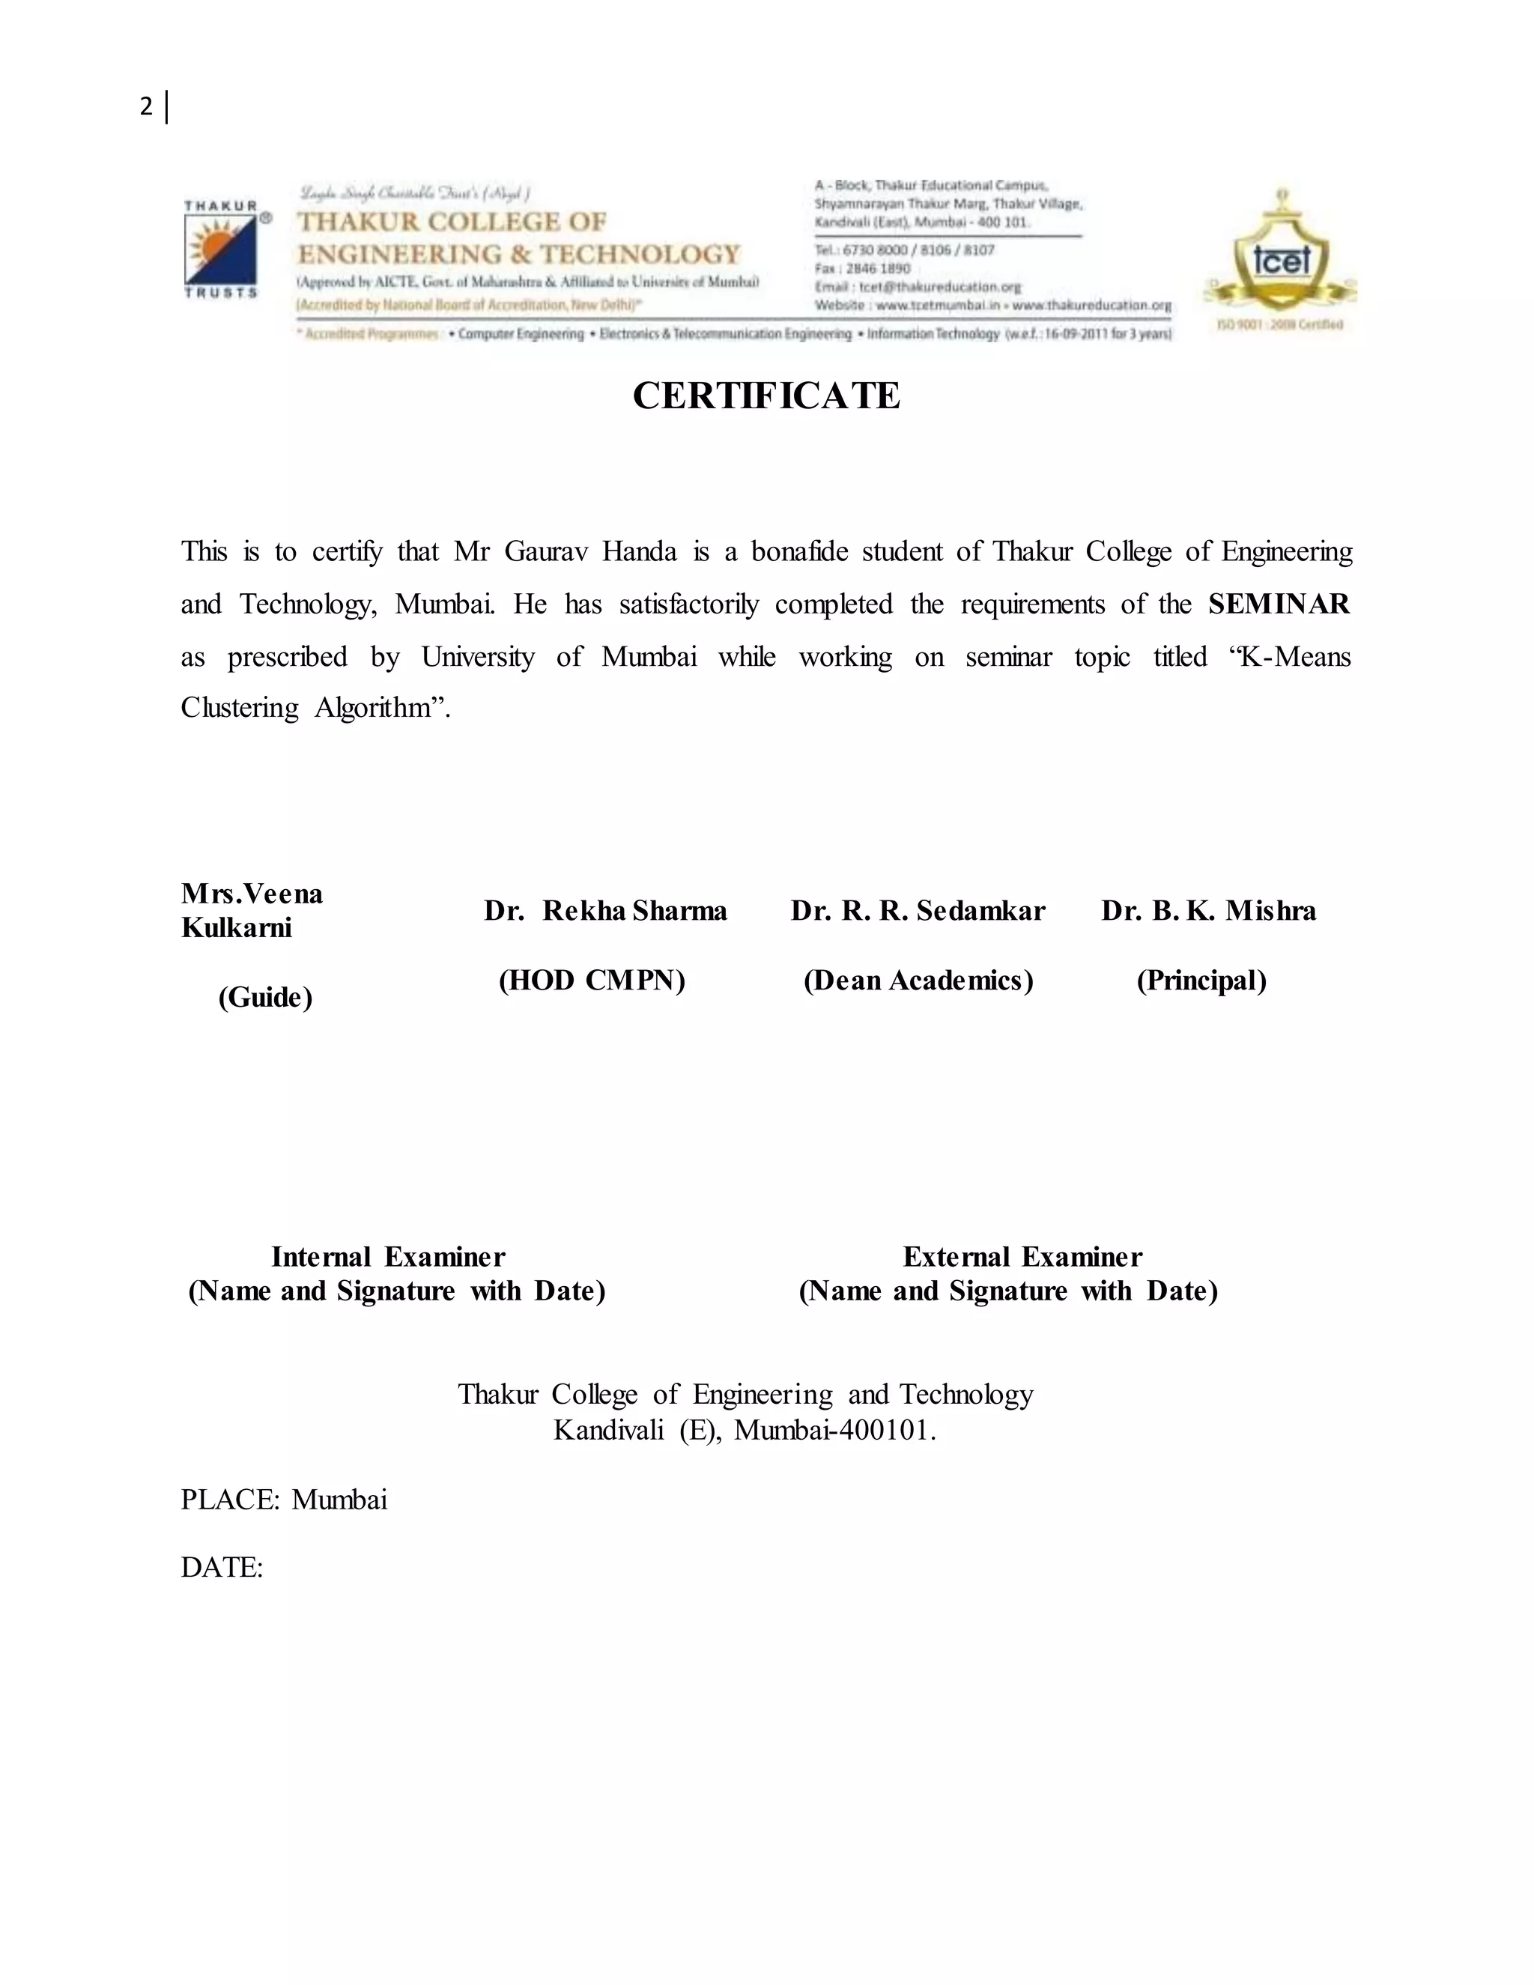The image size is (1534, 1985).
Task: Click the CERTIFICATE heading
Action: point(766,396)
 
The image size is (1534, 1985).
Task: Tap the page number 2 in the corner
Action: point(146,107)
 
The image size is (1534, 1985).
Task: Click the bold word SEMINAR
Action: point(1279,604)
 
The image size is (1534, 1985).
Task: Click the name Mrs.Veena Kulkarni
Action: point(252,911)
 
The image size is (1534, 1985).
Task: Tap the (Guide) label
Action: point(265,998)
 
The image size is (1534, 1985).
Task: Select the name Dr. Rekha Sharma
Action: point(605,911)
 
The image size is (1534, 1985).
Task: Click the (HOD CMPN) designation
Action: point(592,981)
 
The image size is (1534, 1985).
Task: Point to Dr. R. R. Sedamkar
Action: point(918,911)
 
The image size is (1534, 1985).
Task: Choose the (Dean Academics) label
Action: point(918,981)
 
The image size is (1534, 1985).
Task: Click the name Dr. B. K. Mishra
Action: point(1209,911)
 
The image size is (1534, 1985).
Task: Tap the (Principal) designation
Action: point(1201,981)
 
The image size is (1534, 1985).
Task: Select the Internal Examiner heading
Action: point(388,1257)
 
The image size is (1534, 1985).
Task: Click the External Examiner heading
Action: point(1022,1257)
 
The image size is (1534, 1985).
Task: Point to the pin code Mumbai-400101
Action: point(834,1431)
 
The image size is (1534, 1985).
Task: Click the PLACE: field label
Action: point(231,1500)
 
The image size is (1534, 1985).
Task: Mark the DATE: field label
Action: point(222,1568)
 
